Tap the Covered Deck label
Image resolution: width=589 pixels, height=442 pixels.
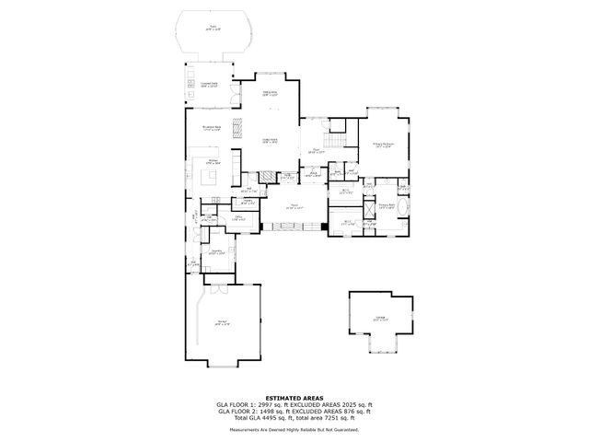[209, 85]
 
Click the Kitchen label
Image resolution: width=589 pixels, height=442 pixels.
[213, 162]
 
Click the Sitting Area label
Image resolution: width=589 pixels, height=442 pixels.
[271, 93]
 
